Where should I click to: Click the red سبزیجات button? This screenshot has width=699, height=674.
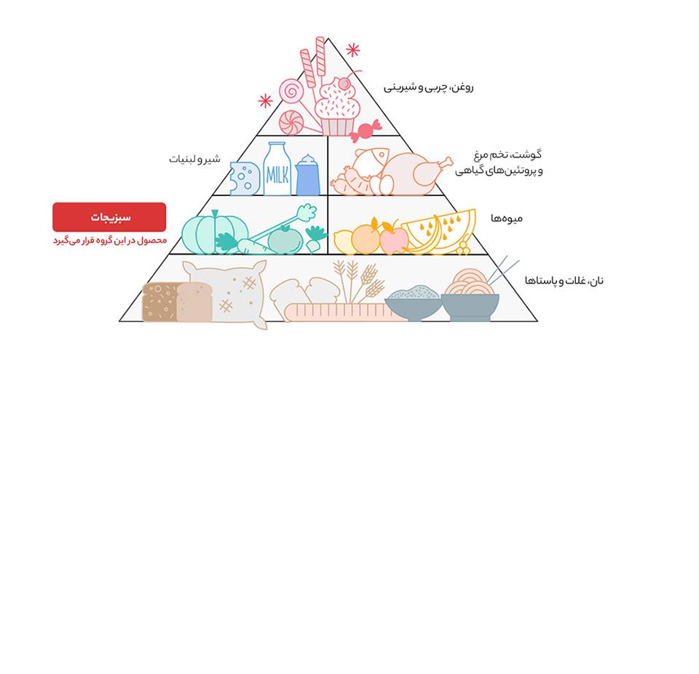(109, 217)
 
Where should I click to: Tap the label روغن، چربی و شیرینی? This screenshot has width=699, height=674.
(428, 87)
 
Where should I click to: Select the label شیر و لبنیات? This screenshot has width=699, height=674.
(194, 159)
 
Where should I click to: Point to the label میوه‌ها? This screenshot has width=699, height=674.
(507, 218)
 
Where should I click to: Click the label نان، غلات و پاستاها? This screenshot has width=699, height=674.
(564, 281)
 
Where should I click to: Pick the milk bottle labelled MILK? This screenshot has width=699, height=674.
(277, 169)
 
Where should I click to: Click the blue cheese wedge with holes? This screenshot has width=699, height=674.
(245, 179)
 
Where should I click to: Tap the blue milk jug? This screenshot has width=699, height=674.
(307, 175)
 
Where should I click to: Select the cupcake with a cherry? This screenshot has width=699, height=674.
(337, 107)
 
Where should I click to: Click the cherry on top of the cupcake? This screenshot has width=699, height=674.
(344, 84)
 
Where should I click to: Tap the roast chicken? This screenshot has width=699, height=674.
(412, 174)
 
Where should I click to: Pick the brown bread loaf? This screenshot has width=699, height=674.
(177, 302)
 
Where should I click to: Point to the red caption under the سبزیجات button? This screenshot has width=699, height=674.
(110, 240)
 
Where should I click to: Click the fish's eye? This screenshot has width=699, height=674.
(382, 154)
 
